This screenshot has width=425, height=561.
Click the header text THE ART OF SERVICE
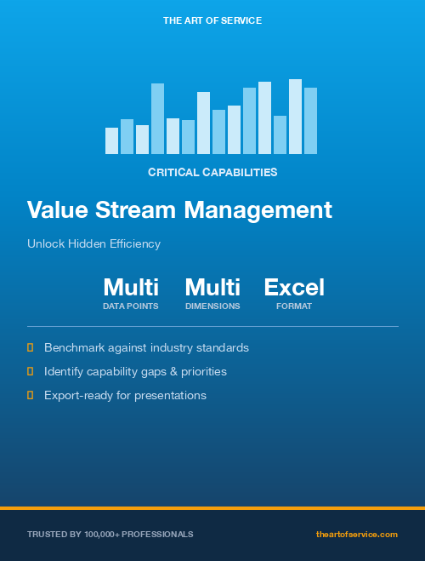click(x=212, y=20)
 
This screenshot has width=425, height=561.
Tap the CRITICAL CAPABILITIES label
click(x=212, y=172)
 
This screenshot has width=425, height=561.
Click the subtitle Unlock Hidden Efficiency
click(x=93, y=243)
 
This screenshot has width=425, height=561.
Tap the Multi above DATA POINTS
click(x=131, y=287)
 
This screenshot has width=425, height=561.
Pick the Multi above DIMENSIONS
click(x=212, y=287)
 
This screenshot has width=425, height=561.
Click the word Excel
click(x=294, y=287)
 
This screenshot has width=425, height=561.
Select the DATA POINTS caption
click(x=131, y=306)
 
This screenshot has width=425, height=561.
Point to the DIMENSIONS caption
click(x=212, y=306)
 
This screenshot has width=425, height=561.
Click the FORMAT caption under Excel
click(x=294, y=306)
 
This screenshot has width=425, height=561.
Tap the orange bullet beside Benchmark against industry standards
click(x=31, y=347)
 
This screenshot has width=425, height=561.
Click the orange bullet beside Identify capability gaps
click(x=31, y=371)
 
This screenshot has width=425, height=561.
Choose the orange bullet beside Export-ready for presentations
click(x=31, y=395)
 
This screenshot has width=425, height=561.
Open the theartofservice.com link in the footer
click(x=356, y=534)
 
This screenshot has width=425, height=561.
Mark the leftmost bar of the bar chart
click(x=111, y=141)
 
